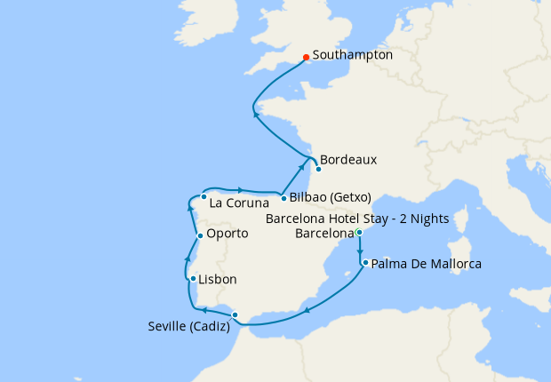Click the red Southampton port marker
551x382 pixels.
click(307, 58)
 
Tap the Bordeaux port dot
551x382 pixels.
click(318, 169)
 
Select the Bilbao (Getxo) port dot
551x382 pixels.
click(283, 198)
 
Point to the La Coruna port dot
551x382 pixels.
click(204, 196)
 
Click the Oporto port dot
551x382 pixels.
click(200, 235)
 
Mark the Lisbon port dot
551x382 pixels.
click(193, 279)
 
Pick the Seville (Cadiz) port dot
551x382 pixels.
click(235, 315)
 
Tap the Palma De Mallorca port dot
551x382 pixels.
click(365, 263)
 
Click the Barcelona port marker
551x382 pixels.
click(358, 233)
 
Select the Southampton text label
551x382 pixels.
click(353, 55)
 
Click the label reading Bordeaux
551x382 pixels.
click(348, 160)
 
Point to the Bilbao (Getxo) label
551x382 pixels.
click(330, 197)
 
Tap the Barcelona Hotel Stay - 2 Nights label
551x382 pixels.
click(357, 219)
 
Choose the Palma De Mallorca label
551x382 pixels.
click(427, 264)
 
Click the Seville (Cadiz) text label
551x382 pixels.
click(188, 326)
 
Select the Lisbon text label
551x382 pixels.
click(218, 279)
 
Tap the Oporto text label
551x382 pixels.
click(228, 234)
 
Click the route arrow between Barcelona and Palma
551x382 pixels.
click(359, 251)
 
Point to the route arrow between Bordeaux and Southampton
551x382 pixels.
click(256, 113)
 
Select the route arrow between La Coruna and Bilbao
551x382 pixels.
click(241, 189)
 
